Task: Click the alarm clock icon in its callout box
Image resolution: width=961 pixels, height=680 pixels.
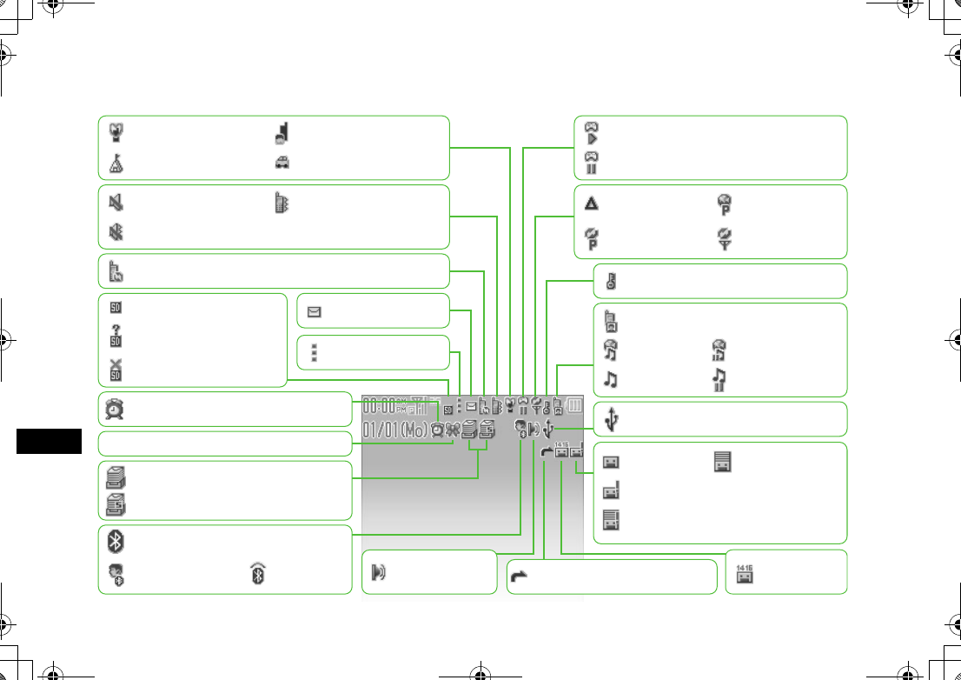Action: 115,409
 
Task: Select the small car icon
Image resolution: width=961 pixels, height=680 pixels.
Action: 283,162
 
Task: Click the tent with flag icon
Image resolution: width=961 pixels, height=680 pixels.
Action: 115,162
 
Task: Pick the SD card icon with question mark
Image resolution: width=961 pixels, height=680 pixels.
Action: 115,334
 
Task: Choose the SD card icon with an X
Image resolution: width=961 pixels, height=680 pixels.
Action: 115,369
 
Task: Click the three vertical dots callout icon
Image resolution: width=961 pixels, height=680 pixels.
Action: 314,352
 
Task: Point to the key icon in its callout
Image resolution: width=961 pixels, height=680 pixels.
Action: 612,281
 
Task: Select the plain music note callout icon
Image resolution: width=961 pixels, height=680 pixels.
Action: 612,379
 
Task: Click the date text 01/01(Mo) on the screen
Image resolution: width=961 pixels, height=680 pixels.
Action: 395,430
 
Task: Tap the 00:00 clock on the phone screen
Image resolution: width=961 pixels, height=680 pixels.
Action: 380,405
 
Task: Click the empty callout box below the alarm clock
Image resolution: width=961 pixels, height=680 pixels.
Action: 224,443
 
